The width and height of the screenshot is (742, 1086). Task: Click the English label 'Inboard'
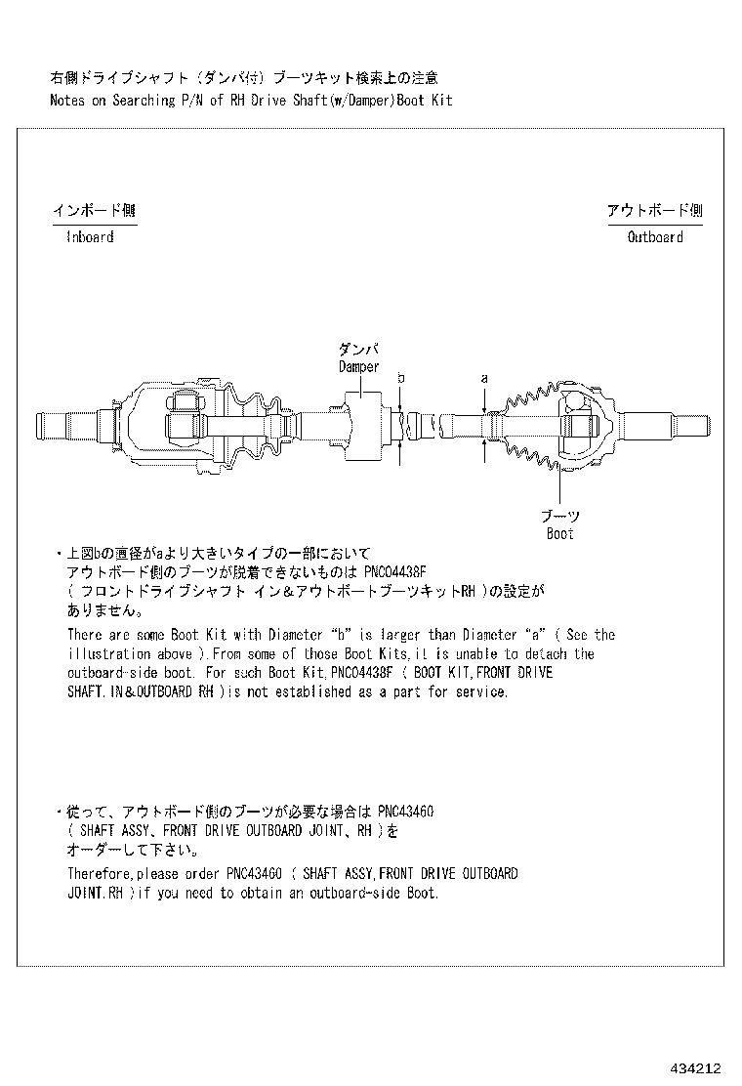90,237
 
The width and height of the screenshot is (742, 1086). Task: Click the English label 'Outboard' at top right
655,237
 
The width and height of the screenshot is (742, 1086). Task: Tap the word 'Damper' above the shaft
358,367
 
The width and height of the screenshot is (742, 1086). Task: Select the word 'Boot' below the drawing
560,534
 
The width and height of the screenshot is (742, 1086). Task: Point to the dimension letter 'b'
400,378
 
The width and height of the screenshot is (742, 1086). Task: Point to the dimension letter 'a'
484,378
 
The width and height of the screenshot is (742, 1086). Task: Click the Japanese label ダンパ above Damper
358,350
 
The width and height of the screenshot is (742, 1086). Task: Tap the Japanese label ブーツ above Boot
560,516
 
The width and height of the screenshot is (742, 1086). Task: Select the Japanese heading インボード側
94,210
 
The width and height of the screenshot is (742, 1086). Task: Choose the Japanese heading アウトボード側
654,210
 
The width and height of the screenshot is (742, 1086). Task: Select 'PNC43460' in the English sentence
254,873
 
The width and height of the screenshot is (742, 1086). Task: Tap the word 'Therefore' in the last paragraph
100,873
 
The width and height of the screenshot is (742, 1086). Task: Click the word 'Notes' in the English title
68,101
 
